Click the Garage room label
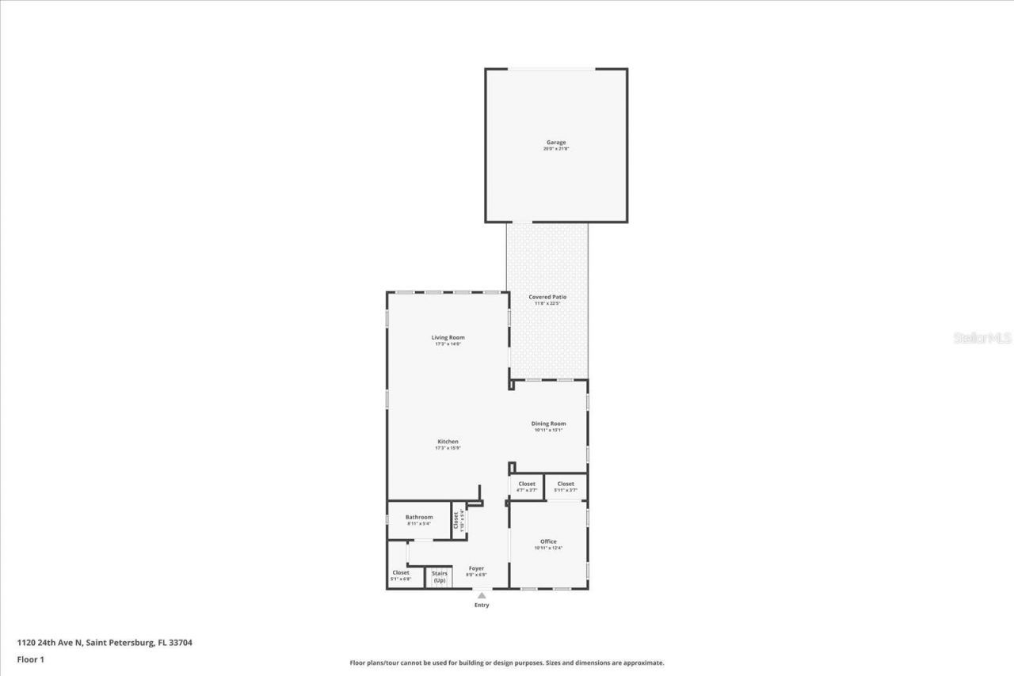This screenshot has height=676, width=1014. (x=555, y=142)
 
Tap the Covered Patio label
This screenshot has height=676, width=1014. (x=547, y=297)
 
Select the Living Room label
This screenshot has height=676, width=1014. (x=448, y=337)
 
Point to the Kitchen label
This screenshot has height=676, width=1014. (x=448, y=442)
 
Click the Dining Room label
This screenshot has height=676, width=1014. (x=548, y=423)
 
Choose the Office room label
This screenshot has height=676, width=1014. (x=548, y=541)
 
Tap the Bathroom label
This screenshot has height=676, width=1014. (x=419, y=517)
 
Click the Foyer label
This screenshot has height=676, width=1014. (x=476, y=568)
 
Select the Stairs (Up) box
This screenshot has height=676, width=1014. (x=440, y=577)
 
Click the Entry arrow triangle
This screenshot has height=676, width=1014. (x=482, y=595)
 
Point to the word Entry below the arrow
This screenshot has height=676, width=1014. (x=482, y=606)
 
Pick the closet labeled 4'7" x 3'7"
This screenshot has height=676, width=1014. (x=527, y=487)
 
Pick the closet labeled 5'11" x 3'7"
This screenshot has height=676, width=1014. (x=566, y=487)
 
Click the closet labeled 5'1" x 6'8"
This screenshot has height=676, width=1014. (x=401, y=575)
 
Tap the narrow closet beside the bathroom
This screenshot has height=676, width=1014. (x=458, y=520)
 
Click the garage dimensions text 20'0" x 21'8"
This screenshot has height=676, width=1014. (x=555, y=149)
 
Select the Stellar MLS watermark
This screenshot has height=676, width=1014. (x=982, y=338)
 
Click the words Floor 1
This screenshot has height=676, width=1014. (x=30, y=659)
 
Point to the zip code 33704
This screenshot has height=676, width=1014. (x=180, y=643)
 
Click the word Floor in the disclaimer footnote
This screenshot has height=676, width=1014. (x=357, y=663)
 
